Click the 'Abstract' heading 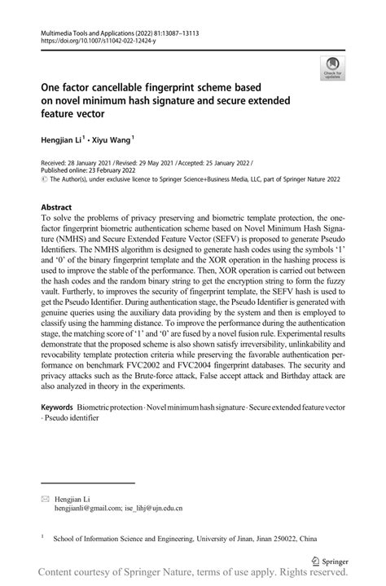(57, 208)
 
